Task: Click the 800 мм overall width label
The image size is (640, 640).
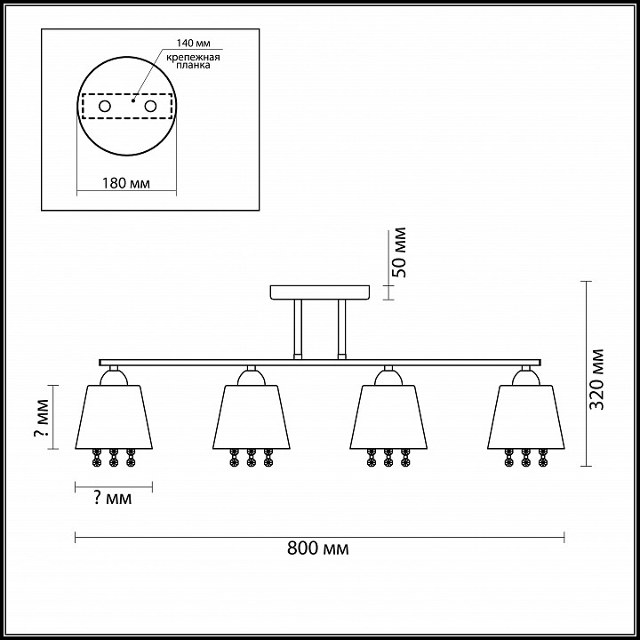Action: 318,548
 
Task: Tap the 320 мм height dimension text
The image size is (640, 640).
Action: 597,380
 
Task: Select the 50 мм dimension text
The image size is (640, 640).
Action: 399,252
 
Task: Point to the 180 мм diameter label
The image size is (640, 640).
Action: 125,183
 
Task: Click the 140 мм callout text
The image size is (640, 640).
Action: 193,44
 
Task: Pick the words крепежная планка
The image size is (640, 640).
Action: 193,60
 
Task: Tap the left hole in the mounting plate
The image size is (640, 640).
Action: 105,107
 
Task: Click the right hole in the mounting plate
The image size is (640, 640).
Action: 150,107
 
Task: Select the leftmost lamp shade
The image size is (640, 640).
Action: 114,417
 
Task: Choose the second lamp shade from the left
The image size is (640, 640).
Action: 252,417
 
